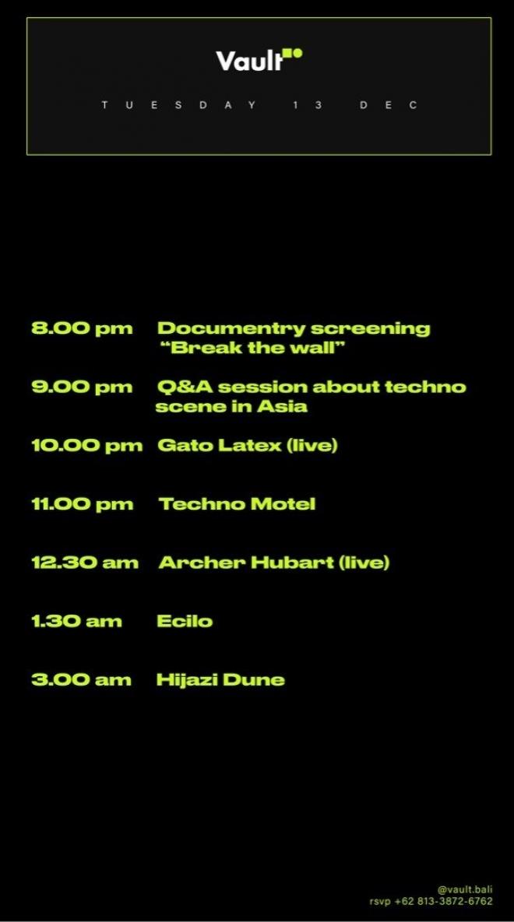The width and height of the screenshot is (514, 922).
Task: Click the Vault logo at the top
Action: click(259, 60)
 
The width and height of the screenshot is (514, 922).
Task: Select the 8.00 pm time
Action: click(82, 328)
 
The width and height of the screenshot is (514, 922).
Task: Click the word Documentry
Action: click(229, 328)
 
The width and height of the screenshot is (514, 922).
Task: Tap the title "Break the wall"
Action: click(252, 348)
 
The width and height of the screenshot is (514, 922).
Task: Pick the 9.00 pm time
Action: click(82, 387)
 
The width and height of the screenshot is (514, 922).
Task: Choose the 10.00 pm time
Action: click(87, 445)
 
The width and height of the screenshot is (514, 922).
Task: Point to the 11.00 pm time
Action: click(83, 504)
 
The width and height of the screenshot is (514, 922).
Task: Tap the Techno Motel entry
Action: click(238, 504)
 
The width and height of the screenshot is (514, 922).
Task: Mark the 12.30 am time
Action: click(85, 563)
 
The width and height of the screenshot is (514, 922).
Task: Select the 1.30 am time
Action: click(76, 621)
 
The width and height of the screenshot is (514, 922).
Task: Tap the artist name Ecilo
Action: click(185, 621)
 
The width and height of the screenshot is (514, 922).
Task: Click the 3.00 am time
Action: click(81, 680)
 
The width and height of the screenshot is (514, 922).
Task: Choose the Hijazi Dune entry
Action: click(220, 680)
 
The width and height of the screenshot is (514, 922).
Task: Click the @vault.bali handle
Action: click(464, 889)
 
